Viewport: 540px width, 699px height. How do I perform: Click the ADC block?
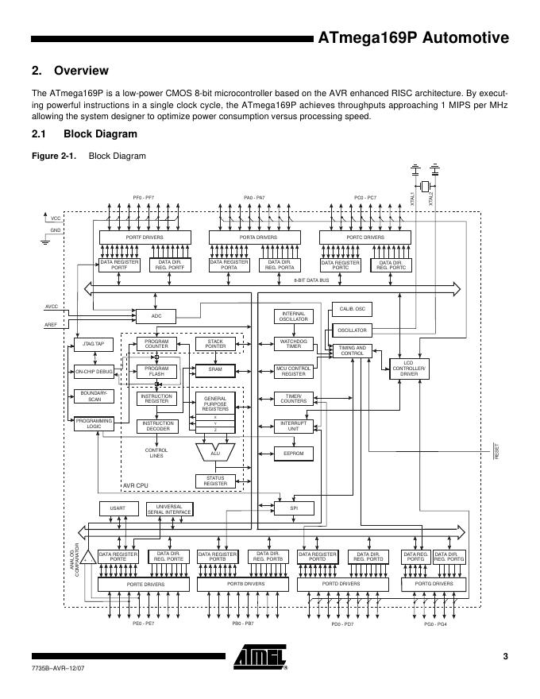coord(156,316)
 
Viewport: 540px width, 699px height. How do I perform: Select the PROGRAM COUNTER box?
coord(156,344)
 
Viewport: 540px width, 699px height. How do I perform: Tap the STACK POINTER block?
coord(215,344)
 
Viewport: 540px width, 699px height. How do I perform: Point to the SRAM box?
coord(215,370)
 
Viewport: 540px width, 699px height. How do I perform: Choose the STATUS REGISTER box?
coord(215,481)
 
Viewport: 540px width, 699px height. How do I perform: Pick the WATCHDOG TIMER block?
coord(294,344)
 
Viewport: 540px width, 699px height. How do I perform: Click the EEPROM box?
coord(294,454)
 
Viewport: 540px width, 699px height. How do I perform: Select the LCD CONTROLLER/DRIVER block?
coord(408,369)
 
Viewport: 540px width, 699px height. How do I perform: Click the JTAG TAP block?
coord(94,344)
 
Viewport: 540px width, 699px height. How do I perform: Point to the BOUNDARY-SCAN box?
coord(94,396)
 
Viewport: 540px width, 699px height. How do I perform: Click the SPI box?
coord(294,508)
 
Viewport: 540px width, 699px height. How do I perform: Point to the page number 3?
coord(505,655)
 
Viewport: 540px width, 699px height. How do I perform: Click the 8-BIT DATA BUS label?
coord(311,280)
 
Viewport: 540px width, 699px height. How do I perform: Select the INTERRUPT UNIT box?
coord(294,426)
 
